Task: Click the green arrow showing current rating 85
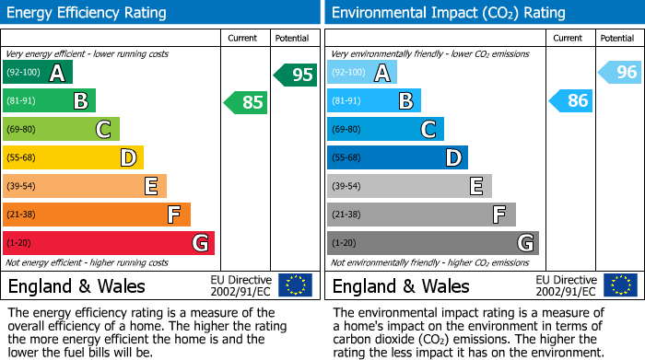click(x=247, y=102)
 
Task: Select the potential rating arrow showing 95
click(x=296, y=75)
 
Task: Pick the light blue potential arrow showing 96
click(x=620, y=73)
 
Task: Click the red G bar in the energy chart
click(x=109, y=243)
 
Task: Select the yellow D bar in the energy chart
click(x=73, y=158)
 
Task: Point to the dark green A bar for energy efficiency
click(x=38, y=73)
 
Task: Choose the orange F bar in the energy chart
click(x=97, y=215)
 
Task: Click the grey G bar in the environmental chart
click(x=432, y=243)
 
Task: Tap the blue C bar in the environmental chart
click(x=385, y=130)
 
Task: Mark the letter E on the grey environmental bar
click(x=475, y=187)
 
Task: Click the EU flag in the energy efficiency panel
click(x=295, y=285)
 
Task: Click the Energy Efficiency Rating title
click(x=88, y=13)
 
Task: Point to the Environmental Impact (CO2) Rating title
click(x=448, y=13)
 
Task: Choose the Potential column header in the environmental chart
click(x=616, y=38)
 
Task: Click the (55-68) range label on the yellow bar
click(x=23, y=158)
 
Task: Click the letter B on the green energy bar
click(x=81, y=101)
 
